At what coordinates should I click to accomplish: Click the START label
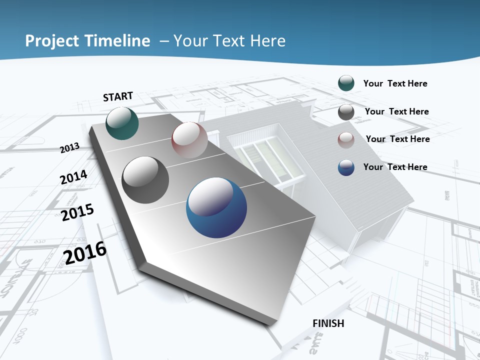(x=118, y=96)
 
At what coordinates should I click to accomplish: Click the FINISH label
(x=328, y=323)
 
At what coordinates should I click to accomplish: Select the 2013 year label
(x=70, y=147)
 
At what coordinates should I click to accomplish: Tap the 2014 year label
(x=74, y=177)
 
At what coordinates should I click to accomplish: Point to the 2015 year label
(x=77, y=212)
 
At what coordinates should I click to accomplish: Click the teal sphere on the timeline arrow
(x=122, y=123)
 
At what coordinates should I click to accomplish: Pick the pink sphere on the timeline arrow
(x=189, y=139)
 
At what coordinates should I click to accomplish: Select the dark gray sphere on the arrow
(x=145, y=180)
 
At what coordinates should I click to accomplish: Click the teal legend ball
(x=346, y=83)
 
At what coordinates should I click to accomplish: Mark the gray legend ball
(x=346, y=112)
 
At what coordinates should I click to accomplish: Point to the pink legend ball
(x=346, y=140)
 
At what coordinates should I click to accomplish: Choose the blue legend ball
(x=346, y=167)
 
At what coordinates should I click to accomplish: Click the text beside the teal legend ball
(x=395, y=83)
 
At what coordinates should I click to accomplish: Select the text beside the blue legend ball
(x=395, y=167)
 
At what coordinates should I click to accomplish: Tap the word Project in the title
(x=49, y=41)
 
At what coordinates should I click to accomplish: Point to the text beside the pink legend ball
(x=397, y=139)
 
